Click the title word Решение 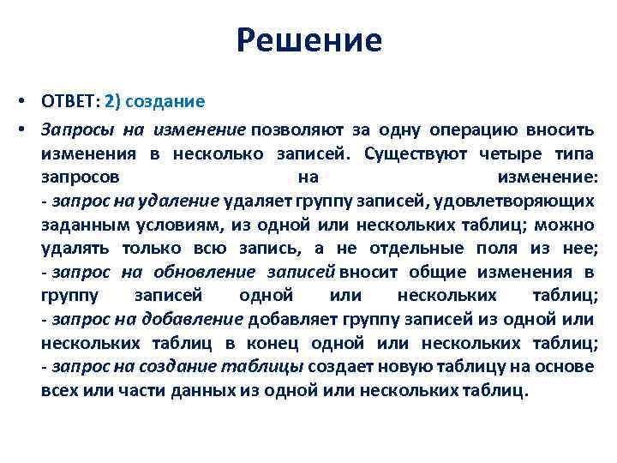308,39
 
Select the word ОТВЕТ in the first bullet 69,101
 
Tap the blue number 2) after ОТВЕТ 113,101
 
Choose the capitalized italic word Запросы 76,129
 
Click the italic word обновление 204,273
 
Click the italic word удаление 184,201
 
